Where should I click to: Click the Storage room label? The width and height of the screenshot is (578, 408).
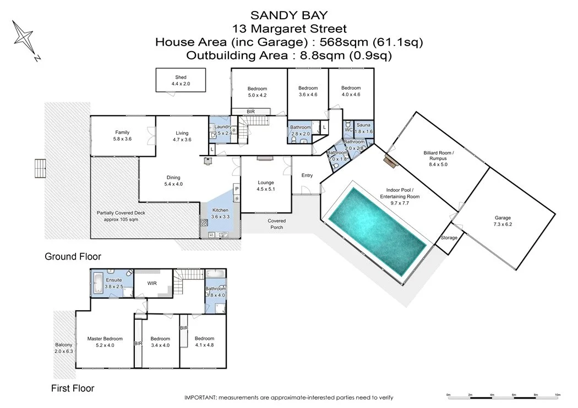click(x=449, y=238)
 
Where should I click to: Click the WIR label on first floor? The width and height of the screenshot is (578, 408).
click(x=152, y=284)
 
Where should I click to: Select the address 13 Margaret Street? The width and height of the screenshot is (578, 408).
click(x=289, y=28)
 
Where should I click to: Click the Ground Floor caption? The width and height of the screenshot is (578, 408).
click(x=73, y=256)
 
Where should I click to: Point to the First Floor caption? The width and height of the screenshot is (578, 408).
click(x=73, y=388)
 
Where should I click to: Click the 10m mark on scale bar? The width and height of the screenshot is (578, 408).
click(x=557, y=395)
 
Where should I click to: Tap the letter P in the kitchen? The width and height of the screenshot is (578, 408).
click(x=236, y=188)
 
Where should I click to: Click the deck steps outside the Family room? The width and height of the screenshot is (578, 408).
click(x=39, y=165)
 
